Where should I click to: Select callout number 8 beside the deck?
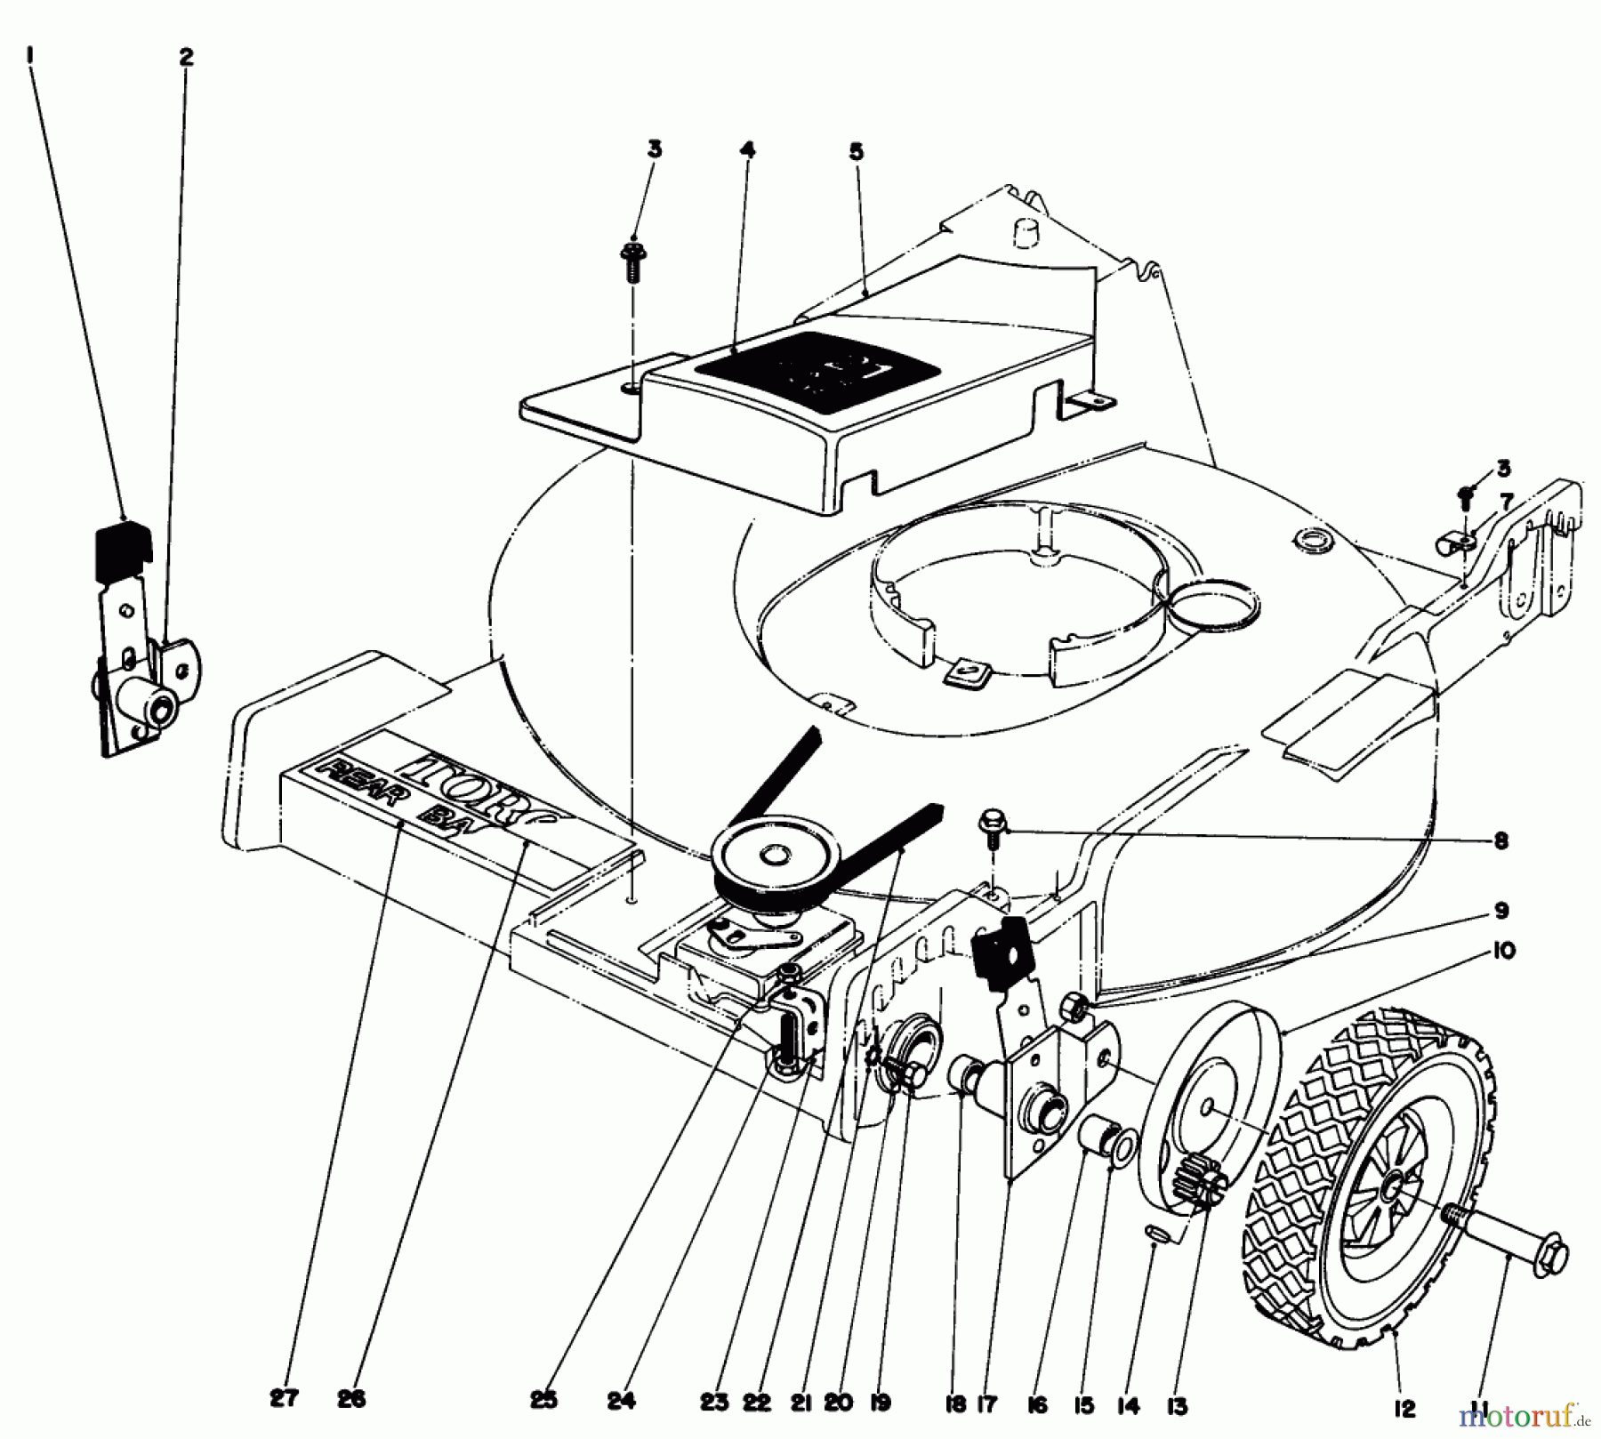pos(1501,840)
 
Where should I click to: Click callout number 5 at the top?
pos(856,153)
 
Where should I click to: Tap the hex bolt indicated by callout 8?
pos(993,823)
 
